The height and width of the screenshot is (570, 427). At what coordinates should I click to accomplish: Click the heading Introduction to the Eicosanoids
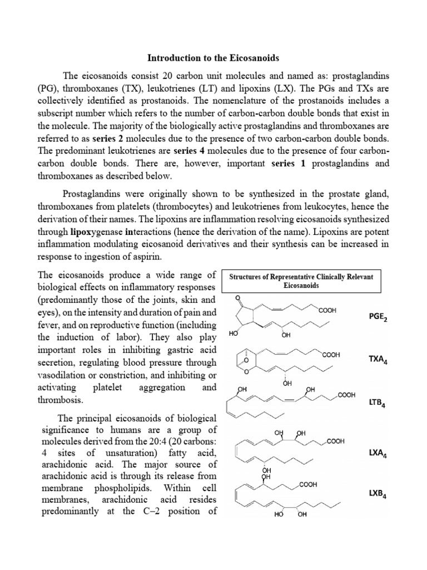[213, 57]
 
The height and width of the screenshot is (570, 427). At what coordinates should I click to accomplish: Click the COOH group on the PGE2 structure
[327, 310]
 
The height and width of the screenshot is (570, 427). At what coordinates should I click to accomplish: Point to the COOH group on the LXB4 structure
[308, 485]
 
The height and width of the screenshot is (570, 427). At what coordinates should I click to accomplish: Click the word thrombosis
[60, 400]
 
